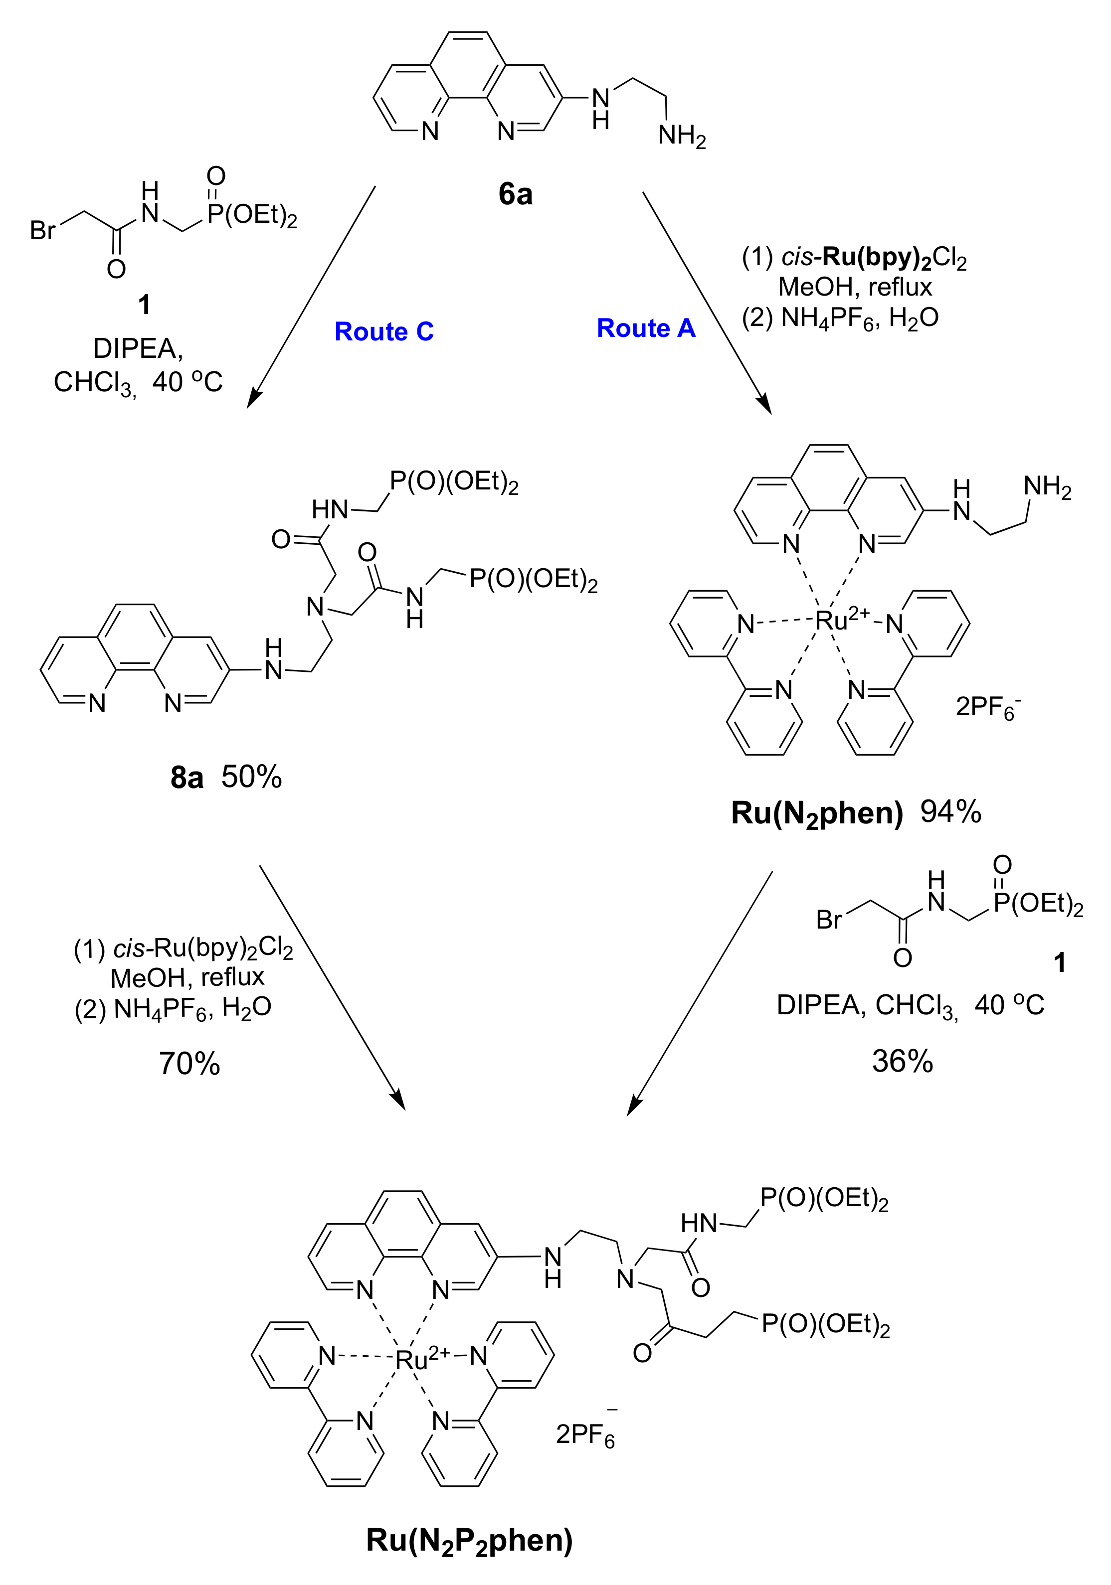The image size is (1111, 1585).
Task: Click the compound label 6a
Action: point(515,195)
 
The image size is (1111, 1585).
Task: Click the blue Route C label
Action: point(384,332)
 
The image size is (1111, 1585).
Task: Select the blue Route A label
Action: point(646,328)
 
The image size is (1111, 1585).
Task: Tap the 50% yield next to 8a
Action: point(251,778)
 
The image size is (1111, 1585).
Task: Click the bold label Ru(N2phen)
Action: point(817,814)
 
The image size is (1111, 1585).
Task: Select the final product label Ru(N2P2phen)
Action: point(470,1540)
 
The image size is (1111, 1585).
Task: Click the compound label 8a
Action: point(186,779)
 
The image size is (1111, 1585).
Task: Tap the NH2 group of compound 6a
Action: point(682,136)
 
